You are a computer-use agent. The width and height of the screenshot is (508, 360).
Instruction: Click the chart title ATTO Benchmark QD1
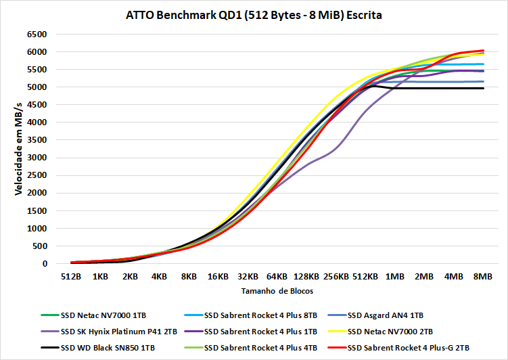[254, 14]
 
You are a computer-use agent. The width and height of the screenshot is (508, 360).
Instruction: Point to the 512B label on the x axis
[71, 277]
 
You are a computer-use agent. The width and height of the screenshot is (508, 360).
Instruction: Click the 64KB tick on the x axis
[277, 277]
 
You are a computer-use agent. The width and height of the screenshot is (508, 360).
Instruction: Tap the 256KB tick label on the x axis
[336, 277]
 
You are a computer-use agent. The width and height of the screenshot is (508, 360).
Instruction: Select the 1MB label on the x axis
[394, 277]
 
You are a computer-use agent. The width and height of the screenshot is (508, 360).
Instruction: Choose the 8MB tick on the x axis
[482, 277]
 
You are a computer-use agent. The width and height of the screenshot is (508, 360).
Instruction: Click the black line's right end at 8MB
[483, 88]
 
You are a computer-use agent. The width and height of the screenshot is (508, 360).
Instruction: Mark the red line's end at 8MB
[483, 51]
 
